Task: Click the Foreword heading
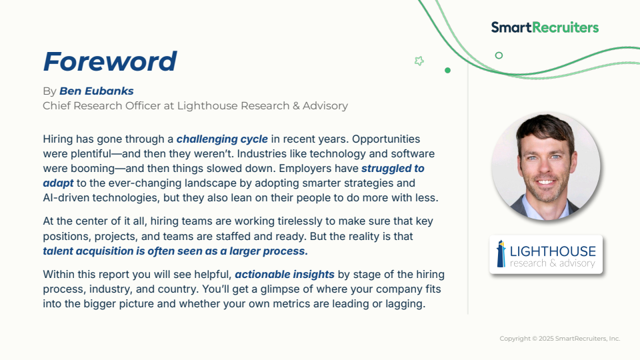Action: [x=110, y=61]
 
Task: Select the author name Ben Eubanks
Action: [x=96, y=91]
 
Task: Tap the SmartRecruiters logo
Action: [x=545, y=27]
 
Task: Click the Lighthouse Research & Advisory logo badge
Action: [x=546, y=254]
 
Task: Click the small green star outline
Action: [x=419, y=61]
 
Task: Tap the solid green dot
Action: [x=447, y=70]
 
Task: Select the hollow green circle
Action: [x=499, y=55]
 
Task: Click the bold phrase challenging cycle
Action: [x=222, y=139]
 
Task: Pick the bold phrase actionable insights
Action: [x=285, y=274]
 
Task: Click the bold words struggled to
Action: [x=393, y=169]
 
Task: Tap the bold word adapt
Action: [x=59, y=183]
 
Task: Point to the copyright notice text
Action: [x=560, y=339]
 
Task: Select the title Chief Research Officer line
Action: [x=195, y=106]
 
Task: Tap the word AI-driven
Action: [x=66, y=198]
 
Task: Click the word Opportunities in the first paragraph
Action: [x=386, y=139]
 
